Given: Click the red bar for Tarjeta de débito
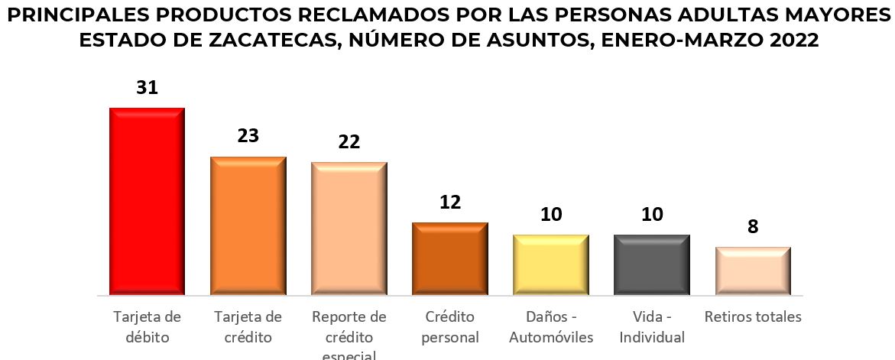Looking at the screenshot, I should point(147,200).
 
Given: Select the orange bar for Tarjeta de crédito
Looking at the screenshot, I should point(248,225).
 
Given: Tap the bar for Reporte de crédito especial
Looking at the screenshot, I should point(349,228).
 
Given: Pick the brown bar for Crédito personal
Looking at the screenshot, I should point(450,258).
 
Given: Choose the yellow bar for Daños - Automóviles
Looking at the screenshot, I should point(551,264).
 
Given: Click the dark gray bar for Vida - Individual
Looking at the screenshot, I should point(652,264).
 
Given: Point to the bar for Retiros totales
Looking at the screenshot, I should point(753,271).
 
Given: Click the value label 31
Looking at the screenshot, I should point(147,87).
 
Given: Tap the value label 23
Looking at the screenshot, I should point(248,136).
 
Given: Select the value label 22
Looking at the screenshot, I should point(349,141).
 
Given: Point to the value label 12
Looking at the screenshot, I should point(450,203).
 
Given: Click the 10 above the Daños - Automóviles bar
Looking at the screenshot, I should point(551,215).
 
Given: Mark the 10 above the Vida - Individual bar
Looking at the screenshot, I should point(652,215).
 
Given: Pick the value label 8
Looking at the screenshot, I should point(753,227).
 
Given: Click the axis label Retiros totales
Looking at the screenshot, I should point(753,317).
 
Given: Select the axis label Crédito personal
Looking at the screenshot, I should point(450,326).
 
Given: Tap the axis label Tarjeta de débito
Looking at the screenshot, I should point(147,326).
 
